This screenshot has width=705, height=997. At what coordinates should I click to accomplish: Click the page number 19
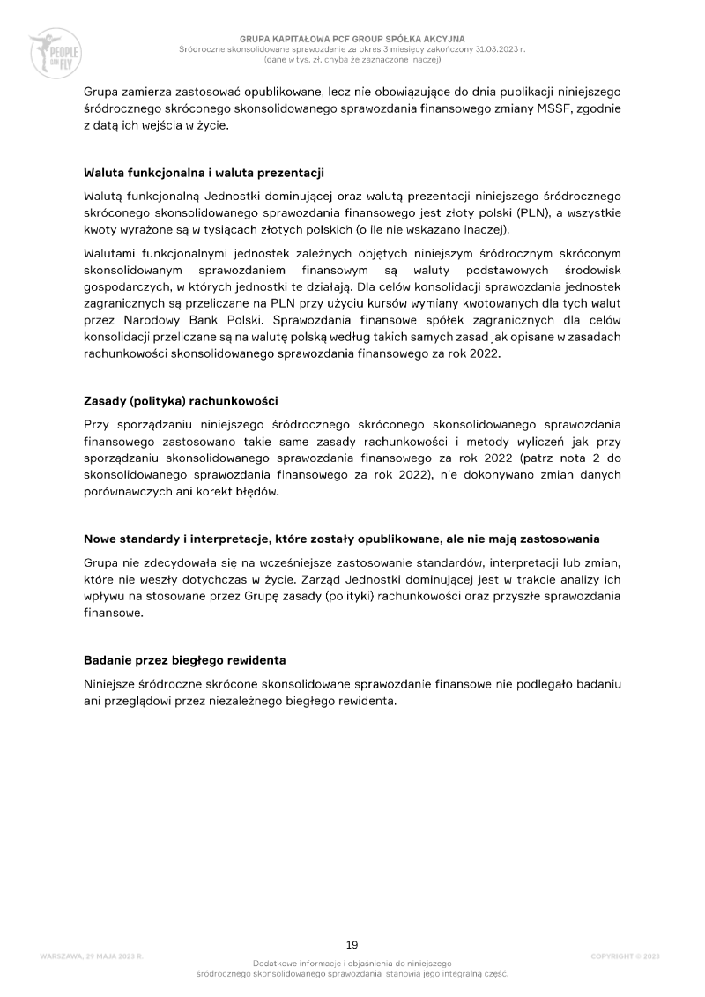(x=352, y=945)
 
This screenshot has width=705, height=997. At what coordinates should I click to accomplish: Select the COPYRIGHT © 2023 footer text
(x=625, y=956)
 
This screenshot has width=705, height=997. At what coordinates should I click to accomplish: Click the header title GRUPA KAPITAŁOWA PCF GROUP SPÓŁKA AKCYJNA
(x=352, y=40)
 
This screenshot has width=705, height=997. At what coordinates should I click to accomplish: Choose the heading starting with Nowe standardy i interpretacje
(x=342, y=538)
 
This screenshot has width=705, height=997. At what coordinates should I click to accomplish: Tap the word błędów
(x=256, y=492)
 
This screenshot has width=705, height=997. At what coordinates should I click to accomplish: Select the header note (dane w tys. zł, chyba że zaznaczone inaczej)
(x=352, y=60)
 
